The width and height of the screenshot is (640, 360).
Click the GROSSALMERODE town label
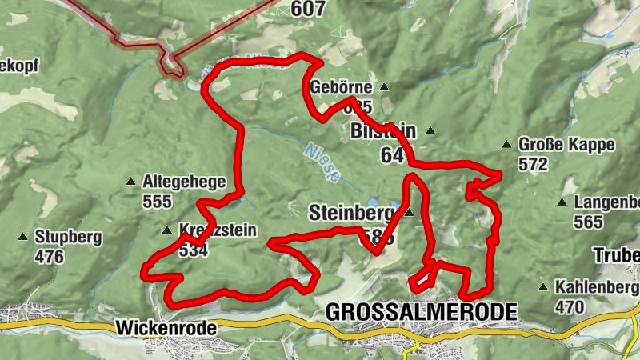coord(421,311)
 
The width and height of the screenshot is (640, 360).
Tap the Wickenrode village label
coord(155,327)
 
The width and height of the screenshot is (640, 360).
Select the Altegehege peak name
coord(184,182)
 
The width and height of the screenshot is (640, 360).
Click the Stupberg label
coord(69,238)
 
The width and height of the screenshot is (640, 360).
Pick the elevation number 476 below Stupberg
coord(49,257)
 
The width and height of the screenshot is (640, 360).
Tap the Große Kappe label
coord(566,145)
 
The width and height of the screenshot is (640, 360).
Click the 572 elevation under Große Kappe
coord(533,165)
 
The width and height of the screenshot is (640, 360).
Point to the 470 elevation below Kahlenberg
coord(570,306)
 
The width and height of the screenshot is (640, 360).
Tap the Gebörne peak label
coord(342,87)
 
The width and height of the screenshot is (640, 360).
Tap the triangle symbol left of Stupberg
coord(23,238)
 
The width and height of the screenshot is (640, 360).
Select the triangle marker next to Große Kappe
coord(506,145)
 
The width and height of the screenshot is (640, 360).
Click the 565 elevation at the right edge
coord(589,222)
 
